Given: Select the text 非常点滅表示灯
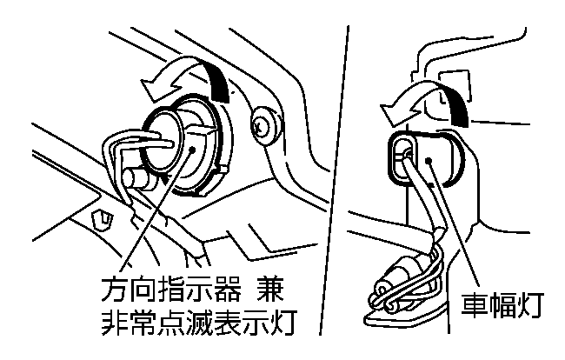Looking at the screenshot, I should tap(196, 323).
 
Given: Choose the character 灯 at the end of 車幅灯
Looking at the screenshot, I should tap(530, 305).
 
